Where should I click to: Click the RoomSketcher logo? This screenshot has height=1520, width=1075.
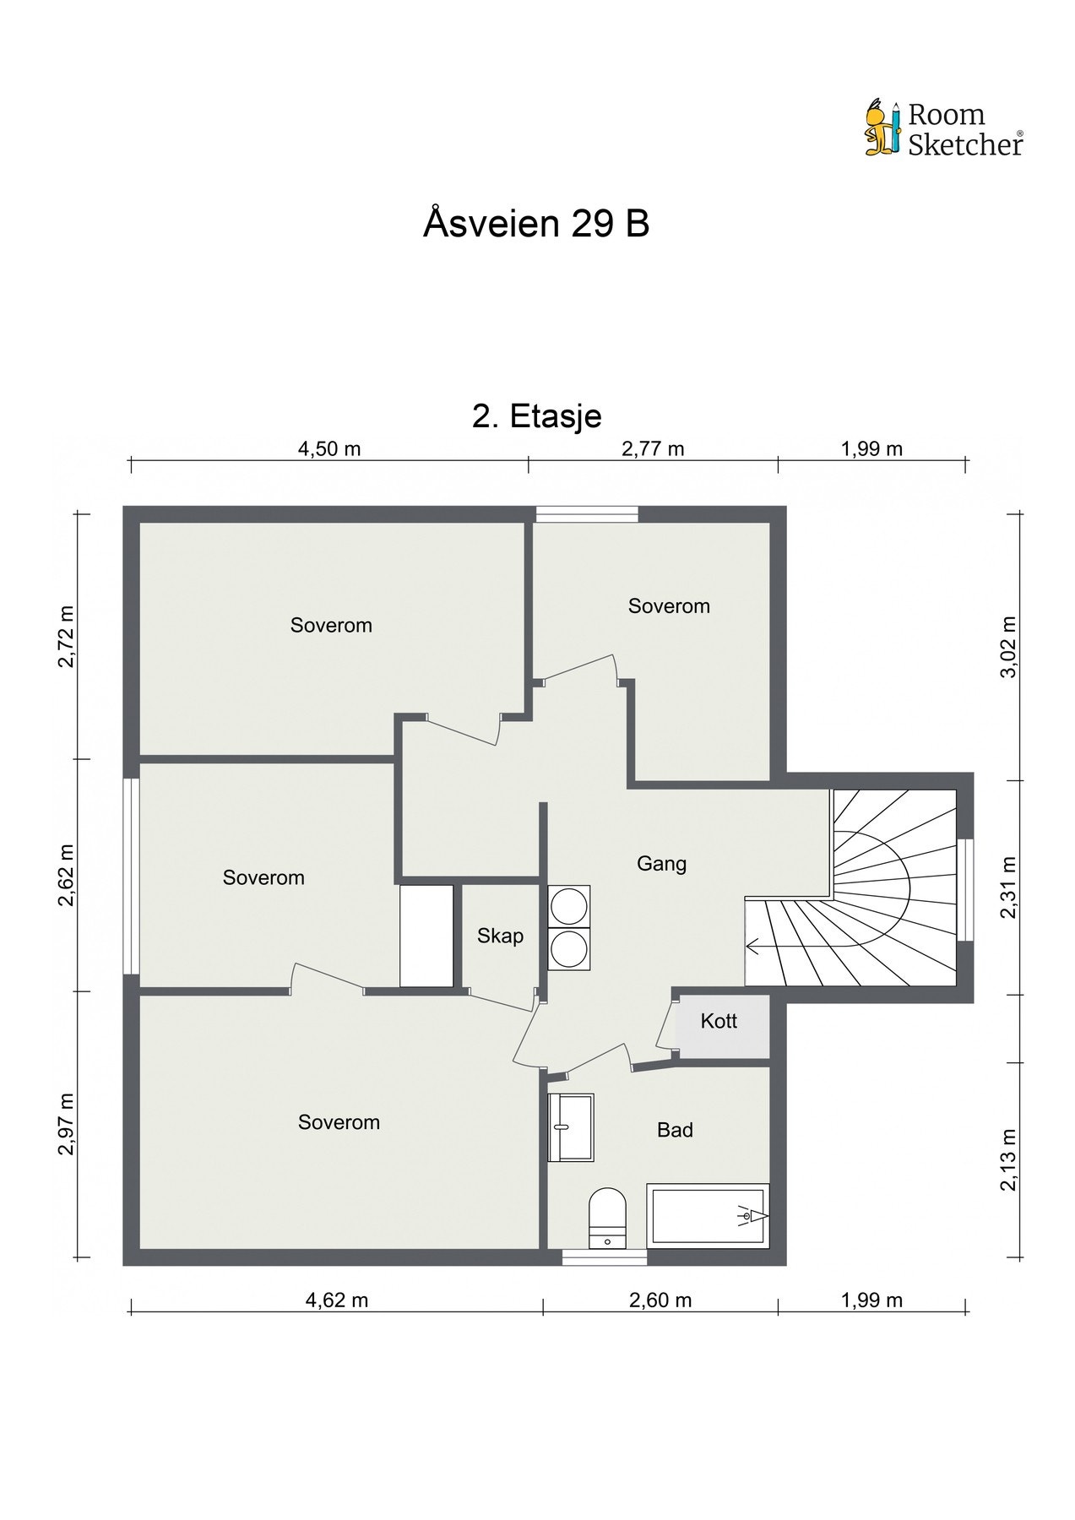pos(943,129)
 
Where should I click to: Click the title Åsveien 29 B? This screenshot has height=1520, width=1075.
pos(536,224)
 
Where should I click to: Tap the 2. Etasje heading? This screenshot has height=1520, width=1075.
pos(536,416)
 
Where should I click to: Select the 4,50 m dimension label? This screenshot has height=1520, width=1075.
pos(329,448)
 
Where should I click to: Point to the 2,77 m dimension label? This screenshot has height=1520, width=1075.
pos(653,448)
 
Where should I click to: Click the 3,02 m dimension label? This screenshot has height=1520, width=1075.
pos(1009,646)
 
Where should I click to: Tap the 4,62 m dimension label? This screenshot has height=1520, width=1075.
pos(337,1300)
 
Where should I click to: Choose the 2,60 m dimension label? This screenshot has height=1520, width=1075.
pos(660,1300)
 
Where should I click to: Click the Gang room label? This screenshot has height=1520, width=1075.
pos(661,863)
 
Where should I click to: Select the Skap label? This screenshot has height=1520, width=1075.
pos(500,936)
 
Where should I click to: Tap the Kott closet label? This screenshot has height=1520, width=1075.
pos(719,1021)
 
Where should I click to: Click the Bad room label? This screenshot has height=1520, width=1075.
pos(675,1130)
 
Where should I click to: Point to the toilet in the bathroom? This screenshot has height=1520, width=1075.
pos(607,1217)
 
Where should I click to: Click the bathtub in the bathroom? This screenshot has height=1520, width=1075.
pos(708,1214)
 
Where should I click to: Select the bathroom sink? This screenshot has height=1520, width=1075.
pos(571,1126)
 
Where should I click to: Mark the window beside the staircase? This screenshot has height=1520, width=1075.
pos(965,889)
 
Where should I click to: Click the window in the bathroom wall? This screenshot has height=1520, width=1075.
pos(605,1257)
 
